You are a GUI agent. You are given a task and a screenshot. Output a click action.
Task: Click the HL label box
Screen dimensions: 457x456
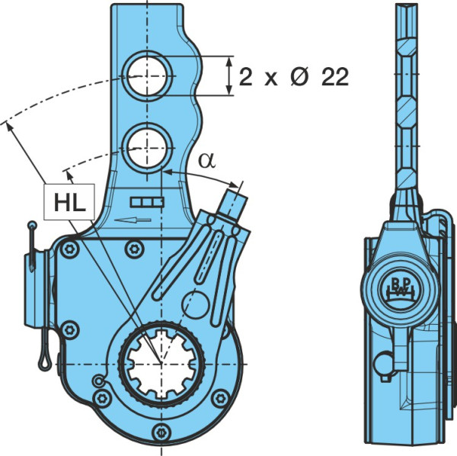pyautogui.click(x=69, y=201)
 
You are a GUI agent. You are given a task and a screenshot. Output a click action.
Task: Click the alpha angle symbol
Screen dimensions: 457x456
pyautogui.click(x=207, y=161)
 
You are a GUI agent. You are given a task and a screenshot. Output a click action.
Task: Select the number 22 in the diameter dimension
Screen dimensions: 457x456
pyautogui.click(x=335, y=77)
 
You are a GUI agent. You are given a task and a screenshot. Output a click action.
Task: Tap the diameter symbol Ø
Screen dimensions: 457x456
pyautogui.click(x=299, y=77)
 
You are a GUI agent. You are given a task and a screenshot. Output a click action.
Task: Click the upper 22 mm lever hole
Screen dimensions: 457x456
pyautogui.click(x=147, y=75)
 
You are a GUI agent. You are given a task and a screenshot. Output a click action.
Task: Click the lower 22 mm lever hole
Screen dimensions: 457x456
pyautogui.click(x=147, y=148)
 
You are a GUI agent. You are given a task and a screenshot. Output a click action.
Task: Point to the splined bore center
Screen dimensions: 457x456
pyautogui.click(x=161, y=364)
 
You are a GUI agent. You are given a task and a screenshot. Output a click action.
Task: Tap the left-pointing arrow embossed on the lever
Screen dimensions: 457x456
pyautogui.click(x=133, y=220)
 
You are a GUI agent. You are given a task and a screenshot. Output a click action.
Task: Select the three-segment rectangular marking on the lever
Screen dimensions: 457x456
pyautogui.click(x=146, y=202)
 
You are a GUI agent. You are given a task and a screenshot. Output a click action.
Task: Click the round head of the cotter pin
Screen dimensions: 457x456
pyautogui.click(x=32, y=225)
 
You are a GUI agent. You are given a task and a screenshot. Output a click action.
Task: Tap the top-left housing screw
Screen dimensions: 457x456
pyautogui.click(x=69, y=249)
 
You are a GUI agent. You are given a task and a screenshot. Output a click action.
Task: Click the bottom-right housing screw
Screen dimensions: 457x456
pyautogui.click(x=220, y=398)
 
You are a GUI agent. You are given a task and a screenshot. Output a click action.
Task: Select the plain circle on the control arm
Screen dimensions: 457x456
pyautogui.click(x=195, y=304)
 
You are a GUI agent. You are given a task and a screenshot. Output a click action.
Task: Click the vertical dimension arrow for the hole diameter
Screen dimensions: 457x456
pyautogui.click(x=230, y=75)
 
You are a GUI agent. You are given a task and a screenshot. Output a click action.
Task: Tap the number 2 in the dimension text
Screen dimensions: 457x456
pyautogui.click(x=245, y=77)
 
